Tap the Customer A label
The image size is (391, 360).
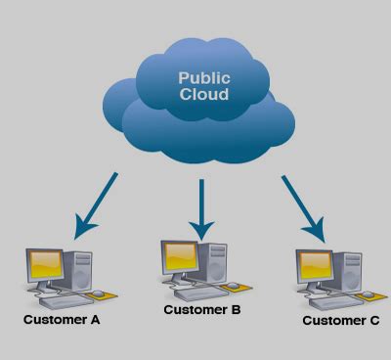63,319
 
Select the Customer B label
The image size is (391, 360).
202,310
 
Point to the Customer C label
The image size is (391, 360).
340,320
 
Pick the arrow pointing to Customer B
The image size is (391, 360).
201,209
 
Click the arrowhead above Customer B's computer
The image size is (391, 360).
201,231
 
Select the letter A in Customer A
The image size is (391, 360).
96,319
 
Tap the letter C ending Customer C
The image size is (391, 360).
373,320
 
